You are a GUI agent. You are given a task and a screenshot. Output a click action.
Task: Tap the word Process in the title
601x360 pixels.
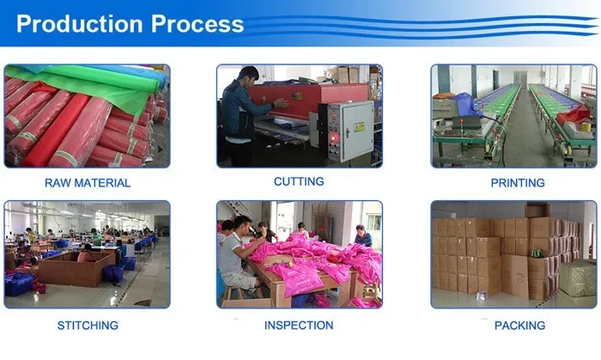193,25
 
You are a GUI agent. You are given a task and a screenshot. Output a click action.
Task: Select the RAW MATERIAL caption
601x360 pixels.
88,182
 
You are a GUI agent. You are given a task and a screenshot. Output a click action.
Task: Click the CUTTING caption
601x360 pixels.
299,181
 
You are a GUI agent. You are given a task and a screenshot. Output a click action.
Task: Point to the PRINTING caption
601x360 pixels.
518,182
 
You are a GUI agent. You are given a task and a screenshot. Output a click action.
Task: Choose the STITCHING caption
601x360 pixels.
88,326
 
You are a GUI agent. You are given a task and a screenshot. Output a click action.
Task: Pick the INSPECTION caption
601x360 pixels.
299,325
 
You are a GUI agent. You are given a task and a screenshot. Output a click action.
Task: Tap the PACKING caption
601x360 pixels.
519,326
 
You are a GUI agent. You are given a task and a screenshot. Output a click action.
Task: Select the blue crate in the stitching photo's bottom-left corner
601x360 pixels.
19,284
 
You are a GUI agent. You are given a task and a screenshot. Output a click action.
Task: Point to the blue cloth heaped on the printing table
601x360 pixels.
464,103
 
